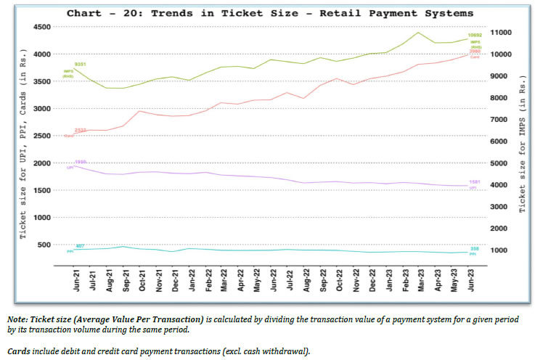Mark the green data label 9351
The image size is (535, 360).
pos(81,65)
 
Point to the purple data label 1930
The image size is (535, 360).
pos(81,162)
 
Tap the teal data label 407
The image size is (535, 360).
pos(81,246)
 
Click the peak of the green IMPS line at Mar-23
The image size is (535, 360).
pos(419,32)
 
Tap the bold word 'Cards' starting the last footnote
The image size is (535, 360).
pos(20,351)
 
